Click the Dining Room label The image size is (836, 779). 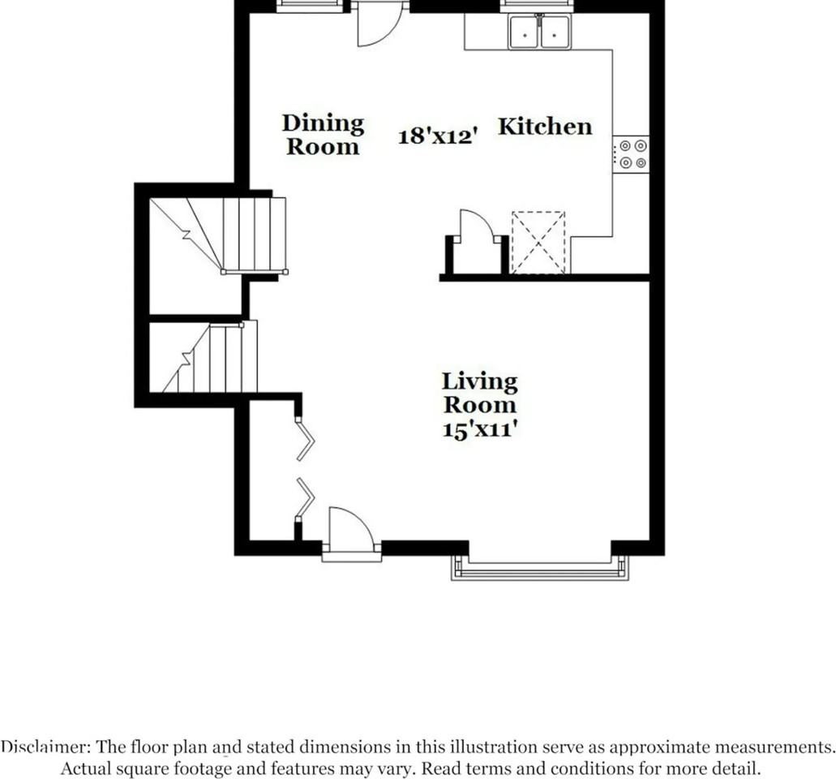(x=323, y=135)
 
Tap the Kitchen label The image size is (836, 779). (x=545, y=127)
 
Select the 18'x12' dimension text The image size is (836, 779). (x=435, y=136)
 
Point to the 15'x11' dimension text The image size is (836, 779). (x=480, y=429)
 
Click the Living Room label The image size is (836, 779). (x=479, y=393)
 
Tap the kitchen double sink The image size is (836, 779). (x=539, y=32)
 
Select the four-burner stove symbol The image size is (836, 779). (x=631, y=154)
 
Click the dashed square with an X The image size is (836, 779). (x=538, y=242)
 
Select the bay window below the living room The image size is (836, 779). (x=539, y=570)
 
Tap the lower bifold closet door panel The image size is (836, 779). (x=306, y=497)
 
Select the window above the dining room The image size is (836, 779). (x=309, y=6)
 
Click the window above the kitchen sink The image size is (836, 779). (x=537, y=6)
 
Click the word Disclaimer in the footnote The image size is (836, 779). (x=45, y=747)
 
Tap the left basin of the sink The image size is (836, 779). (x=525, y=33)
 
